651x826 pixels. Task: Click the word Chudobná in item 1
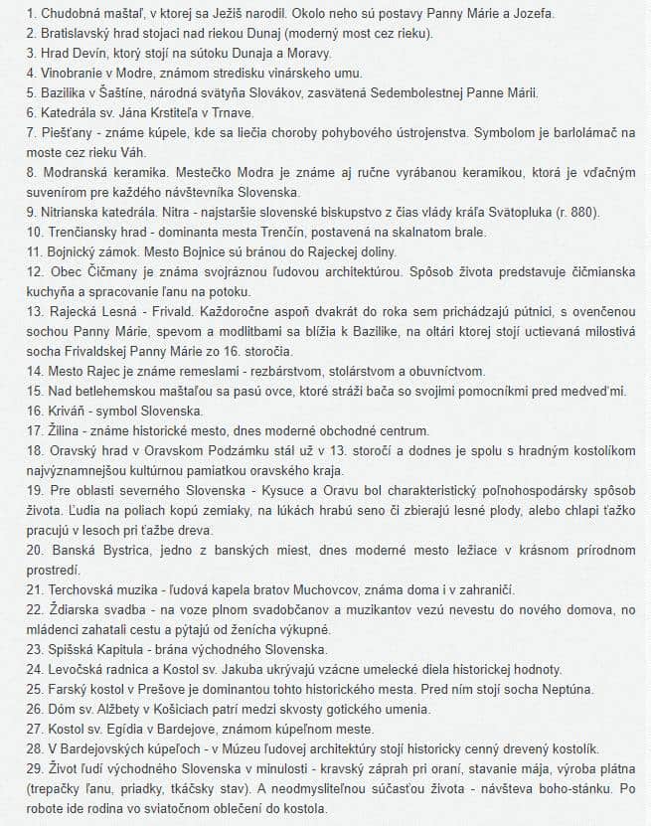pyautogui.click(x=58, y=14)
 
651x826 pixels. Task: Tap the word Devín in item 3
pyautogui.click(x=77, y=53)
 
